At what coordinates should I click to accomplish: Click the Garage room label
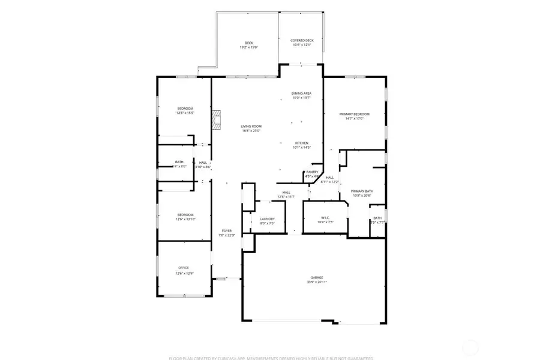(x=317, y=277)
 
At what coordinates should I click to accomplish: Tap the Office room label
(x=184, y=268)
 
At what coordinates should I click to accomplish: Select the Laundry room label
(x=268, y=219)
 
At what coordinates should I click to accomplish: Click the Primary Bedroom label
(x=354, y=114)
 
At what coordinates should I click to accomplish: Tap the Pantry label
(x=312, y=172)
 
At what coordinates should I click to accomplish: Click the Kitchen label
(x=301, y=143)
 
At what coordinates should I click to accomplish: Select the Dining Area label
(x=301, y=93)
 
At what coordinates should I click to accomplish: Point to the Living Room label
(x=251, y=126)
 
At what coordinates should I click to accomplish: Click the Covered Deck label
(x=302, y=40)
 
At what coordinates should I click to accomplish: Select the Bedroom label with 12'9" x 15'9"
(x=185, y=108)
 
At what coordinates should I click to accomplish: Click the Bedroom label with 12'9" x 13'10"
(x=185, y=215)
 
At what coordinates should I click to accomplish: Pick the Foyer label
(x=227, y=230)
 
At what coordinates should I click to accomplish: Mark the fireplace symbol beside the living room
(x=217, y=121)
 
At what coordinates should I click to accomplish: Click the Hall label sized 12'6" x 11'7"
(x=287, y=192)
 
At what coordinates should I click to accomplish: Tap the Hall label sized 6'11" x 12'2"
(x=330, y=178)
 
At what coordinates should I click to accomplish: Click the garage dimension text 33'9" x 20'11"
(x=317, y=281)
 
